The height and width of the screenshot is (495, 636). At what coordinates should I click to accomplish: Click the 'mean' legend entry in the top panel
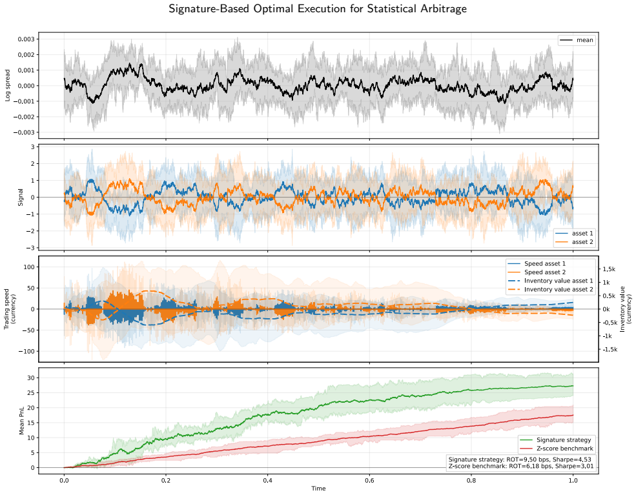(x=577, y=40)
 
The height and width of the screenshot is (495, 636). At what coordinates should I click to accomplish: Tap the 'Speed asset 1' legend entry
(x=537, y=263)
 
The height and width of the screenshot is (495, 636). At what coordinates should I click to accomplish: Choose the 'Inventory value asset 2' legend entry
(x=550, y=290)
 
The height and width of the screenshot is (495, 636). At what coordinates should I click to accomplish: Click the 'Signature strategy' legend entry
(x=555, y=440)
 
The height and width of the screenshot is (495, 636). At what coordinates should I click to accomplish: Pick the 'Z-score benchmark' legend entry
(x=557, y=449)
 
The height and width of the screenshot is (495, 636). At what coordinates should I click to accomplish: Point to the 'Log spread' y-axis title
(x=7, y=86)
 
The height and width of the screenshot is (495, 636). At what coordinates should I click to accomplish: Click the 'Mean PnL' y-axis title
(x=21, y=420)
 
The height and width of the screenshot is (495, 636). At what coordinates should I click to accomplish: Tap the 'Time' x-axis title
(x=318, y=488)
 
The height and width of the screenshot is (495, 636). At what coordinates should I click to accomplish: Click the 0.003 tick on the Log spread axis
(x=26, y=39)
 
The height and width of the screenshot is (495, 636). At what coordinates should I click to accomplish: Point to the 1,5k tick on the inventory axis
(x=609, y=269)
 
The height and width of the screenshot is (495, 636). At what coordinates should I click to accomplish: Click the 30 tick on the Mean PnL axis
(x=31, y=378)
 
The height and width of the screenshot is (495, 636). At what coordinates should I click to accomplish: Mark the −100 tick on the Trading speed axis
(x=26, y=352)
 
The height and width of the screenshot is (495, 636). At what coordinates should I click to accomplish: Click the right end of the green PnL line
(x=573, y=386)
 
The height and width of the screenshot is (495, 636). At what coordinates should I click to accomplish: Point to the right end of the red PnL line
(x=573, y=415)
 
